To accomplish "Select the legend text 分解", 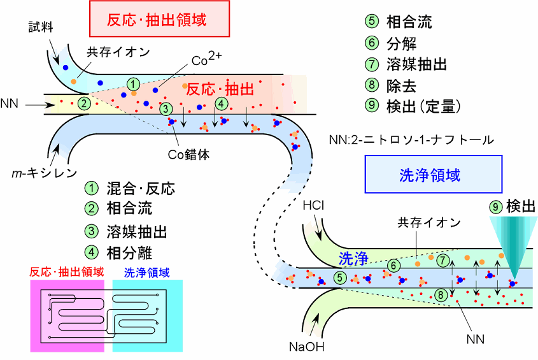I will point(401,44).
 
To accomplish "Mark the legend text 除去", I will point(401,85).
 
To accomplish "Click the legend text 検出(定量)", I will point(423,106).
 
